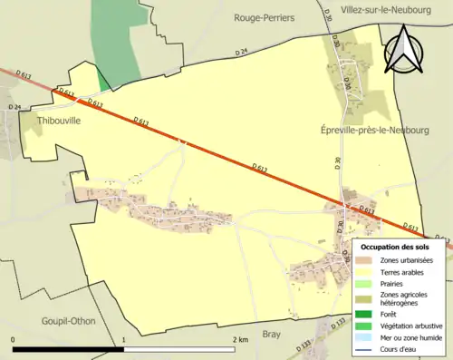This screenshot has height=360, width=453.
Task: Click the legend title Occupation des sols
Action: pyautogui.click(x=394, y=247)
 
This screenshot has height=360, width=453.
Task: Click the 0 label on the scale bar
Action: pyautogui.click(x=13, y=340)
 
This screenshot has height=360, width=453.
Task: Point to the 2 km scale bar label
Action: pyautogui.click(x=240, y=340)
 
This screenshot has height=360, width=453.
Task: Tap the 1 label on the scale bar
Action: pyautogui.click(x=124, y=340)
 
